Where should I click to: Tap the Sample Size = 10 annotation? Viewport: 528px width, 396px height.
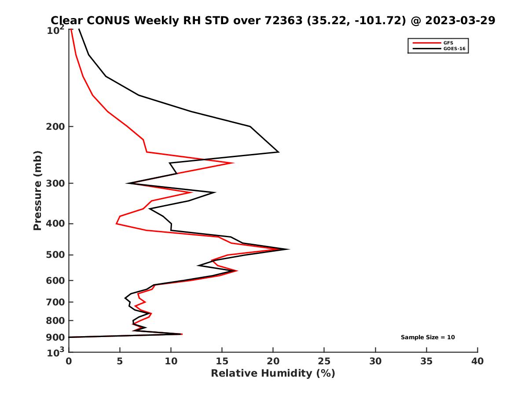click(428, 337)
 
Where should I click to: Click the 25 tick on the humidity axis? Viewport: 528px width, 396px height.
click(324, 362)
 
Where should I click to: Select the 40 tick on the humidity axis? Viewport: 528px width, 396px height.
click(477, 362)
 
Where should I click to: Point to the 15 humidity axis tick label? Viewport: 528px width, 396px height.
click(222, 362)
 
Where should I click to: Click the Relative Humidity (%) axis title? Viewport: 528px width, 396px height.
click(273, 374)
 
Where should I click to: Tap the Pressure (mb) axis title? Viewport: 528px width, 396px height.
click(37, 190)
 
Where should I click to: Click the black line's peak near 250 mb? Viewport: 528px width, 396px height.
click(279, 152)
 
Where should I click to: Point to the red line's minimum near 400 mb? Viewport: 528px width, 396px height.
click(116, 224)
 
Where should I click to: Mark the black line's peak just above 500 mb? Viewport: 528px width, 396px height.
click(289, 249)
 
